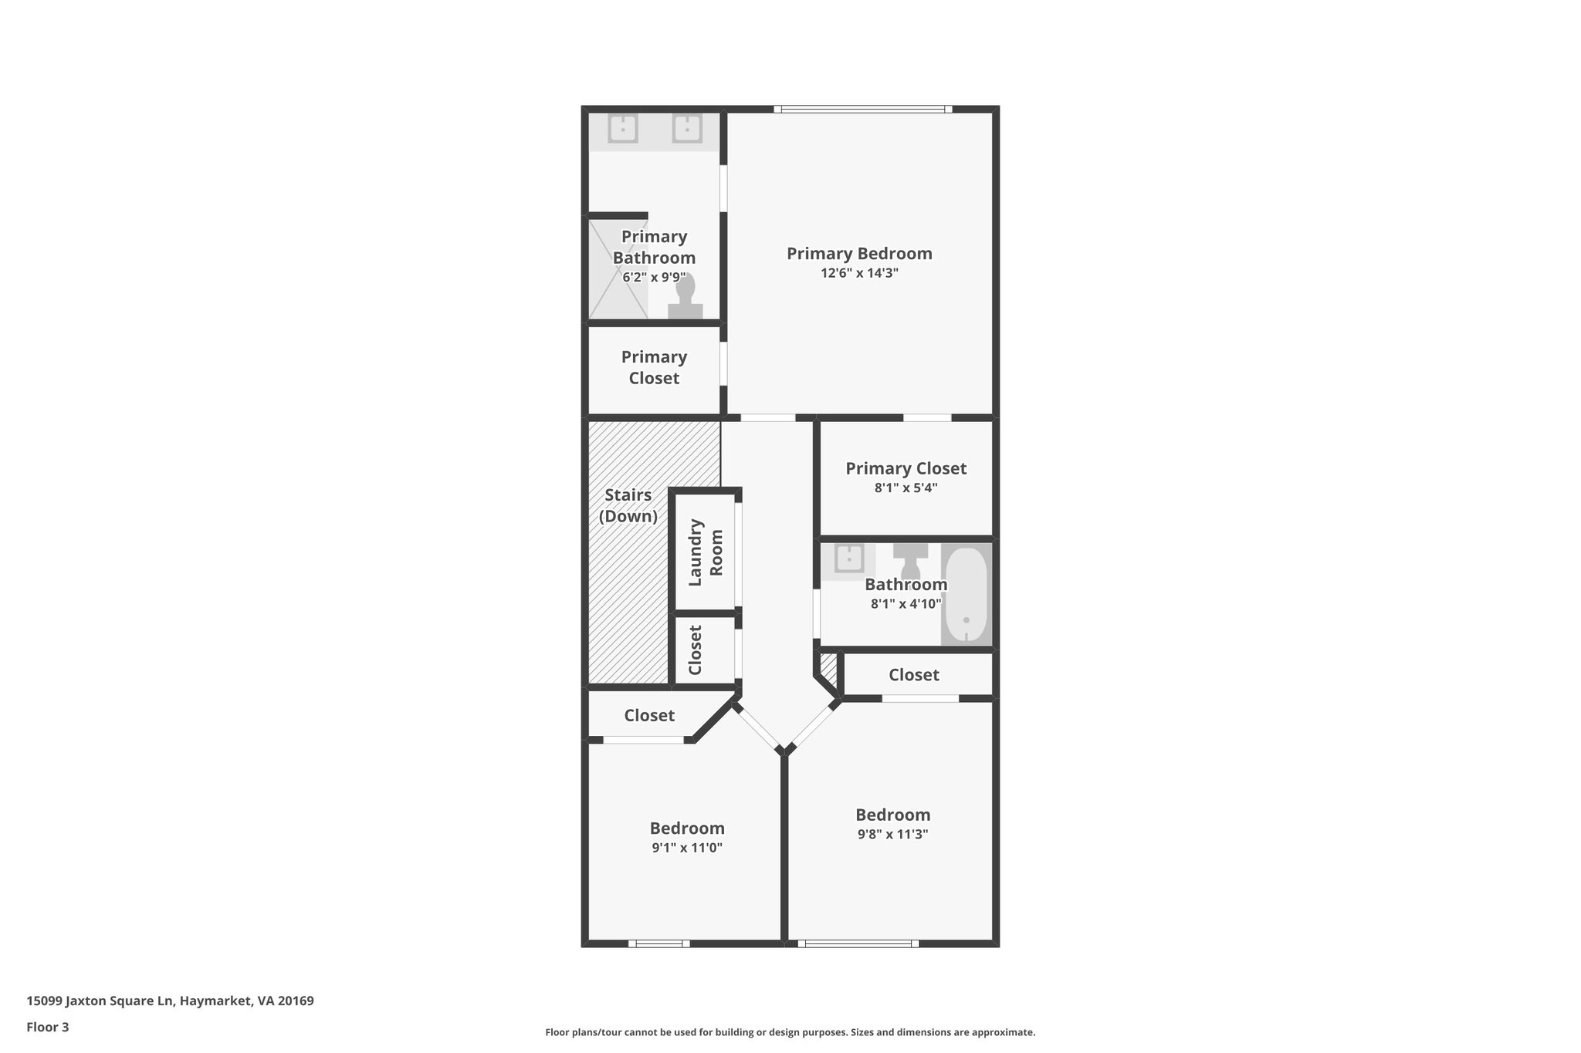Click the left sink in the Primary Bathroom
622,129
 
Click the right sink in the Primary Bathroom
686,129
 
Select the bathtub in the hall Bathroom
966,594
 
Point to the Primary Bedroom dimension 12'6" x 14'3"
859,273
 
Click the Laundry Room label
706,552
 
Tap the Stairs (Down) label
628,505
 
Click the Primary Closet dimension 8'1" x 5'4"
906,488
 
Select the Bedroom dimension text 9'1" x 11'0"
686,848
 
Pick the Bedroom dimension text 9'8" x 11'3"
892,834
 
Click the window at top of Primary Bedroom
863,110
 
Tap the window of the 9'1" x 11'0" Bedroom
658,943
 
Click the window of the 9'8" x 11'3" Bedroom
858,943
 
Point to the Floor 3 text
48,1027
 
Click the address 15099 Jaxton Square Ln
170,1001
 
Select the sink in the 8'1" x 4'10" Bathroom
849,559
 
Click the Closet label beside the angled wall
649,716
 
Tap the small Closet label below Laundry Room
695,650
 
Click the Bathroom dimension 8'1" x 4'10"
906,604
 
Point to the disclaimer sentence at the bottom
790,1032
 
